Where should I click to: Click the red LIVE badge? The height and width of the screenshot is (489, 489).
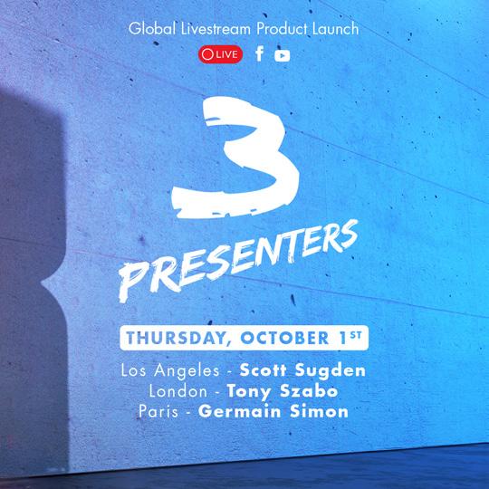pyautogui.click(x=220, y=54)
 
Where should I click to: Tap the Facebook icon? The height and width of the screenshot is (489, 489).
pyautogui.click(x=260, y=53)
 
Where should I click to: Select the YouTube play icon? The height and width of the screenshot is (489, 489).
pyautogui.click(x=283, y=56)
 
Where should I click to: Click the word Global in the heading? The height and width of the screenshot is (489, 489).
pyautogui.click(x=152, y=29)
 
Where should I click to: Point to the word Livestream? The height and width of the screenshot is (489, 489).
pyautogui.click(x=216, y=29)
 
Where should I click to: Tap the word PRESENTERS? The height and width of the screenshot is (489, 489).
pyautogui.click(x=237, y=261)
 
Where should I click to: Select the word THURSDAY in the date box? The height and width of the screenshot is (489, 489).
pyautogui.click(x=177, y=338)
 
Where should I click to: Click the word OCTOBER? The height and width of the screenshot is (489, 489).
pyautogui.click(x=284, y=338)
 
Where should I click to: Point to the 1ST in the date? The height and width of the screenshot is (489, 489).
pyautogui.click(x=350, y=337)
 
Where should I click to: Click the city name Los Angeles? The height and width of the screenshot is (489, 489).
pyautogui.click(x=170, y=371)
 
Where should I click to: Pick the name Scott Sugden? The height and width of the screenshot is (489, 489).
pyautogui.click(x=302, y=370)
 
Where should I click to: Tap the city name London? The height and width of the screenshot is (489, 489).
pyautogui.click(x=178, y=391)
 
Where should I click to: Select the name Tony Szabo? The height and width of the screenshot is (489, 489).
pyautogui.click(x=283, y=392)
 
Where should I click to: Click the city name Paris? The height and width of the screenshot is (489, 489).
pyautogui.click(x=158, y=411)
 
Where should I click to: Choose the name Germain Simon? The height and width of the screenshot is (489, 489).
pyautogui.click(x=273, y=411)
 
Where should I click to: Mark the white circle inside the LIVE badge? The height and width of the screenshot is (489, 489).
pyautogui.click(x=207, y=54)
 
